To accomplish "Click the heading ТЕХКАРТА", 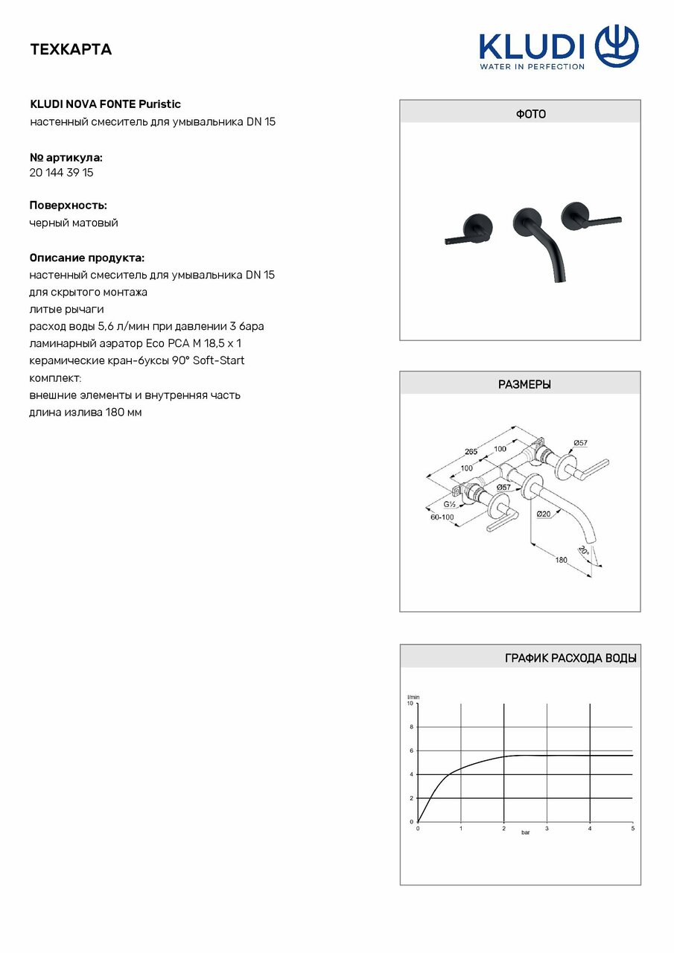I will click(71, 50).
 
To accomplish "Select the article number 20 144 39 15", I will click(61, 173).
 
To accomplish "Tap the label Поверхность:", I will click(68, 205).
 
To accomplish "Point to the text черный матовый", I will click(74, 223).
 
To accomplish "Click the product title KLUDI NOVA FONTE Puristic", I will click(105, 104).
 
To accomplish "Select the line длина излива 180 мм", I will click(86, 412).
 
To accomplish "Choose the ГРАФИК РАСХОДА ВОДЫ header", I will click(570, 658).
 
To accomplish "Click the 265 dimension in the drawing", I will click(471, 451).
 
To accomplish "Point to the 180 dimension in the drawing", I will click(562, 560).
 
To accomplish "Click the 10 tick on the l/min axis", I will click(410, 703).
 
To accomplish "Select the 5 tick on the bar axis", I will click(632, 828).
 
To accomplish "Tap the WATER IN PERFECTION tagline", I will click(532, 66).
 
